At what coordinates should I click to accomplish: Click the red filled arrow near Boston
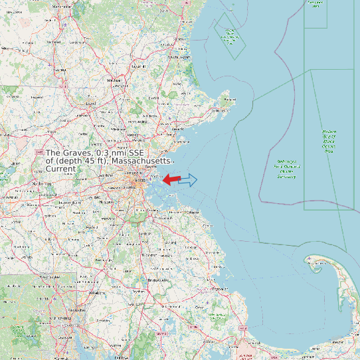coord(171,179)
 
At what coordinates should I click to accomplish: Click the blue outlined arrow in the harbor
coord(189,179)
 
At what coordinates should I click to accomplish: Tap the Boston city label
coord(140,181)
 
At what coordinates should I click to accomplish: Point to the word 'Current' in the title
coord(60,169)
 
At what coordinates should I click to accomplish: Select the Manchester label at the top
coord(61,7)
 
